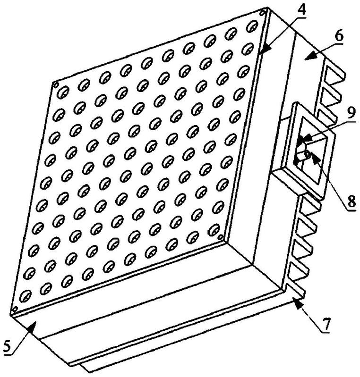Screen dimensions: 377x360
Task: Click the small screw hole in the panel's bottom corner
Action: click(14, 310)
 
